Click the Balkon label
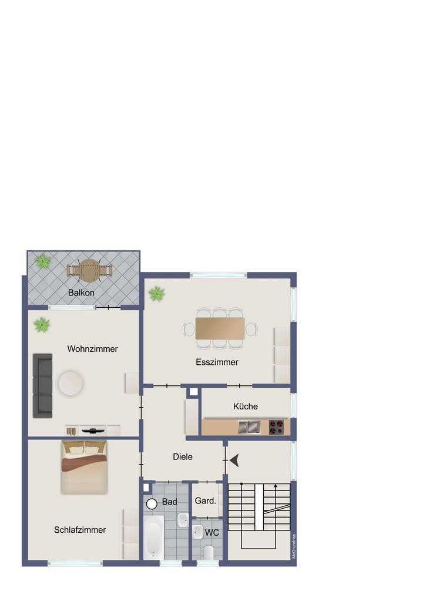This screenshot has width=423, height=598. (x=81, y=292)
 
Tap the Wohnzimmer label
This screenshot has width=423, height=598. (x=92, y=349)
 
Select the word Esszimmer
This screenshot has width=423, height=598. (x=217, y=362)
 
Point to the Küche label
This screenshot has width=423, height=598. (x=246, y=406)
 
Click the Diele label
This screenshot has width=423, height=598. (x=183, y=456)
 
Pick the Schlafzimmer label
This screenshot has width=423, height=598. (x=80, y=530)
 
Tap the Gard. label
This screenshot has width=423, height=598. (x=206, y=502)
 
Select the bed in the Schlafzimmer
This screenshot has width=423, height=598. (x=84, y=468)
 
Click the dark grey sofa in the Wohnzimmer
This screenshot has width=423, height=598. (x=42, y=385)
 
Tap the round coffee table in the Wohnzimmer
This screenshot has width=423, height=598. (x=71, y=384)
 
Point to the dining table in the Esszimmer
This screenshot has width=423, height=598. (x=220, y=328)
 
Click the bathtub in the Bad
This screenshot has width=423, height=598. (x=154, y=537)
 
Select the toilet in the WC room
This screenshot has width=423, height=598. (x=208, y=552)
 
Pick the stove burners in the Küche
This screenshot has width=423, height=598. (x=276, y=426)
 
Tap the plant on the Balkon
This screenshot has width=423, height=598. (x=42, y=262)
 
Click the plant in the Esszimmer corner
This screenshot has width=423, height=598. (x=156, y=293)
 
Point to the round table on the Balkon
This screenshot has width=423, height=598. (x=89, y=270)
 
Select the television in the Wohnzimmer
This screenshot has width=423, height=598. (x=92, y=430)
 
